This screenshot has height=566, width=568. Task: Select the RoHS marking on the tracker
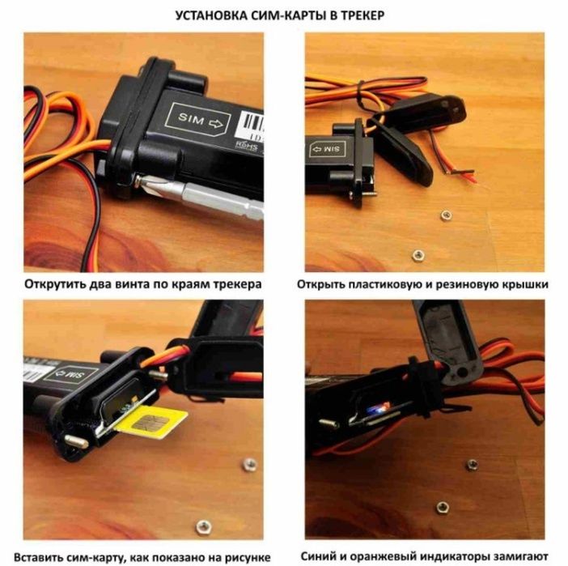tap(247, 146)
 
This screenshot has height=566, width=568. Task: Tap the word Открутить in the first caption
tap(54, 284)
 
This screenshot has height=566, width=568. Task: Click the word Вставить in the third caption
tap(37, 557)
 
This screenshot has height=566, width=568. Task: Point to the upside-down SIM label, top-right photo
tap(328, 149)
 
